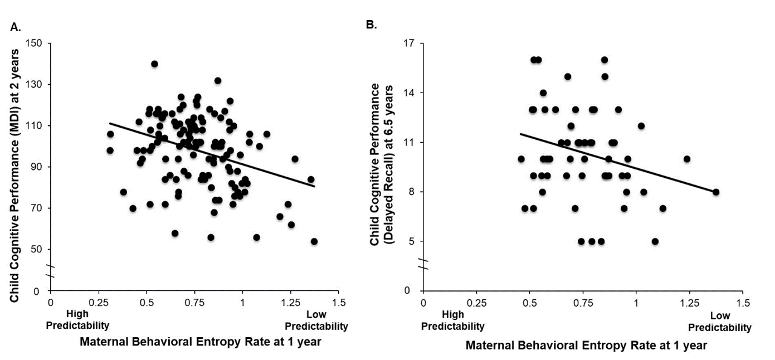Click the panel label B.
pos(371,25)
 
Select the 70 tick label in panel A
pos(38,208)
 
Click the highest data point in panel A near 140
pos(154,64)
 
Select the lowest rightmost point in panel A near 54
pos(314,241)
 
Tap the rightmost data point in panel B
pos(716,192)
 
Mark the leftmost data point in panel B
pos(521,159)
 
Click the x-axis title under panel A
pos(200,342)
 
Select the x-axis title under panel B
pos(586,346)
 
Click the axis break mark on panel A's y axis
pos(51,270)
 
